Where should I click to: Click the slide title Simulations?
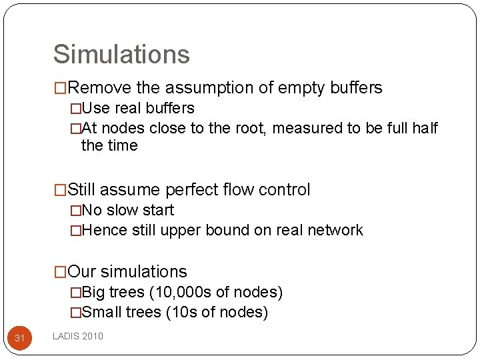121,55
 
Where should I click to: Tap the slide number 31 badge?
20,338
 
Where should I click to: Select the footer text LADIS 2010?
78,336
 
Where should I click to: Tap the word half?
423,128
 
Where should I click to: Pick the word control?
285,190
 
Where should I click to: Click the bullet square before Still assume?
61,190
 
